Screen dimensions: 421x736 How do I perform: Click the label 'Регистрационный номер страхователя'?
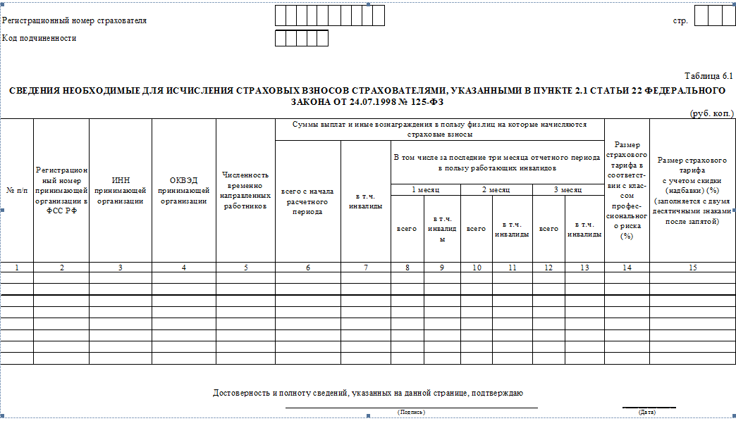coord(74,20)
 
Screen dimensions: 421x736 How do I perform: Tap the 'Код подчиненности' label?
coord(39,38)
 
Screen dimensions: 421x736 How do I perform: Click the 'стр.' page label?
coord(680,20)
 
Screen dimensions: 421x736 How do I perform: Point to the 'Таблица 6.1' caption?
coord(709,75)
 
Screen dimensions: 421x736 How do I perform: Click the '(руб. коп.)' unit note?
coord(711,113)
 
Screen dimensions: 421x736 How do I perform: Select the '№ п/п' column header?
coord(17,190)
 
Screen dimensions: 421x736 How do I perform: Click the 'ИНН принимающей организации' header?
coord(121,190)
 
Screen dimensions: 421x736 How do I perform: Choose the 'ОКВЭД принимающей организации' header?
coord(183,190)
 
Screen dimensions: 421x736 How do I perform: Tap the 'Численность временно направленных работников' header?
coord(245,190)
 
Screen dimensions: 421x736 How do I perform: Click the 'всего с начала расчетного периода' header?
coord(307,201)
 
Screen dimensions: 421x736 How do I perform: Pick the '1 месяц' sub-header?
coord(426,189)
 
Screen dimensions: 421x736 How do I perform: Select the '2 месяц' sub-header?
coord(496,189)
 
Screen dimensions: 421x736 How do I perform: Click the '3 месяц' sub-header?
coord(568,189)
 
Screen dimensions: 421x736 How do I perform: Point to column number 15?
coord(692,268)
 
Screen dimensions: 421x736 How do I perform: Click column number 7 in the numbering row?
coord(365,268)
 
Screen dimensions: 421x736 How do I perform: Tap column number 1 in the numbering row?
coord(17,268)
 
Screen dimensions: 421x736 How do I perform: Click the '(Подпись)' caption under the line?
coord(411,412)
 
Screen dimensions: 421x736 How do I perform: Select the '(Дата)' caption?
coord(646,412)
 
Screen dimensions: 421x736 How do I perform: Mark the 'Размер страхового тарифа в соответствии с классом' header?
coord(627,190)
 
